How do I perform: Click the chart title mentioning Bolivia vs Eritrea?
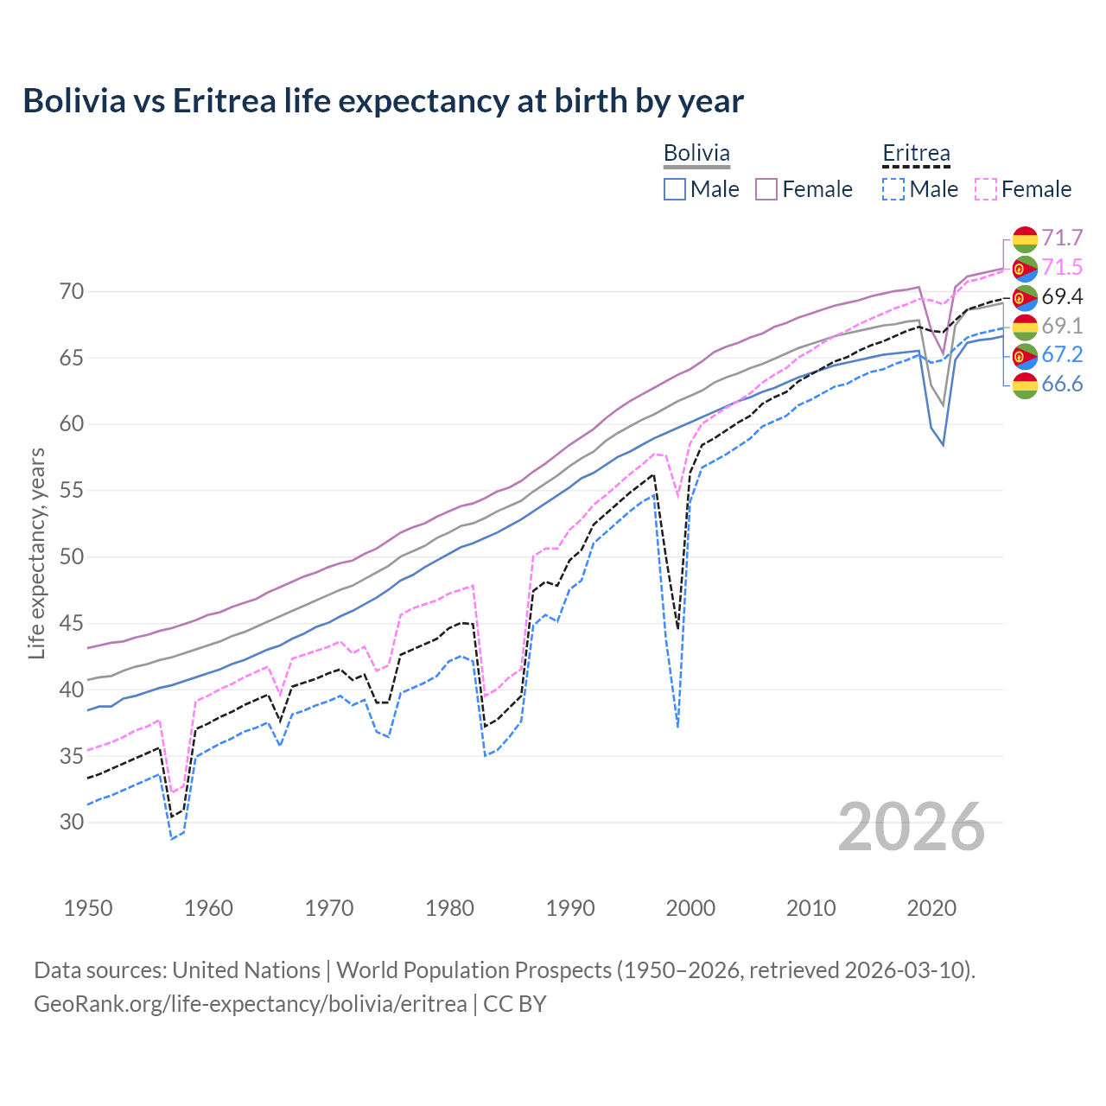(x=383, y=101)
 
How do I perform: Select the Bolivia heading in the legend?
(x=696, y=154)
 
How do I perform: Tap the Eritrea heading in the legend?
(x=916, y=154)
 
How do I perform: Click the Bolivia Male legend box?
(x=675, y=189)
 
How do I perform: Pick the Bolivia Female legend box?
(x=766, y=189)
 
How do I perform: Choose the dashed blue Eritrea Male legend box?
(x=893, y=189)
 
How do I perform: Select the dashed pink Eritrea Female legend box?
(x=986, y=189)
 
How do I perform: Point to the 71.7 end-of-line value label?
(x=1062, y=238)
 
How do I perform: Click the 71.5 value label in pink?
(x=1062, y=267)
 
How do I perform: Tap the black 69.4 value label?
(x=1062, y=296)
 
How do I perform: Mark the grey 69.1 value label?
(x=1062, y=326)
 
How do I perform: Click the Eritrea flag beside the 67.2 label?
(x=1025, y=355)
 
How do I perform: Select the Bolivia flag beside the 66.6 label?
(x=1025, y=385)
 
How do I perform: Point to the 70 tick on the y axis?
(x=72, y=291)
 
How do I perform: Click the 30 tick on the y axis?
(x=72, y=822)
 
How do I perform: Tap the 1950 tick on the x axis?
(x=88, y=908)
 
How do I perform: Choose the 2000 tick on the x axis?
(x=690, y=908)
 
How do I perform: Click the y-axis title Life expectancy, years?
(x=36, y=553)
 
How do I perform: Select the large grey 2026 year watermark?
(x=911, y=827)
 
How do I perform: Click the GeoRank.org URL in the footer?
(x=251, y=1003)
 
